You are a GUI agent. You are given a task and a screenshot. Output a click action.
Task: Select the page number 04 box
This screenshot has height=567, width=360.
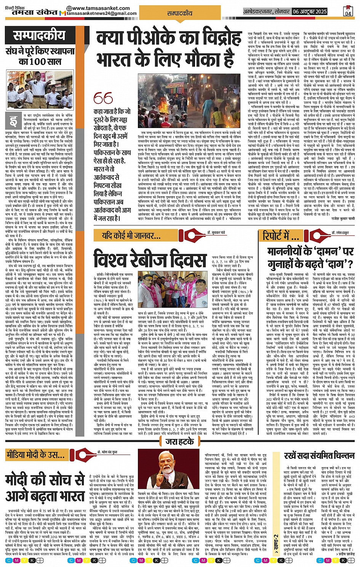348,11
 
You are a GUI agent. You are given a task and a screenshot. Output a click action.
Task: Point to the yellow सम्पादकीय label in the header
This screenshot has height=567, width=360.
180,13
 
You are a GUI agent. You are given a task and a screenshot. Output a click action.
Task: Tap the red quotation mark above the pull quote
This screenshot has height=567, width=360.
103,98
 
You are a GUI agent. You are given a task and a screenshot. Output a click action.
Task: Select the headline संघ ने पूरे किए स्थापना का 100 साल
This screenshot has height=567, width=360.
34,56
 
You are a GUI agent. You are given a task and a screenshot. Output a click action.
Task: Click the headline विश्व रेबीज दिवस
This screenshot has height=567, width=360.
150,259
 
